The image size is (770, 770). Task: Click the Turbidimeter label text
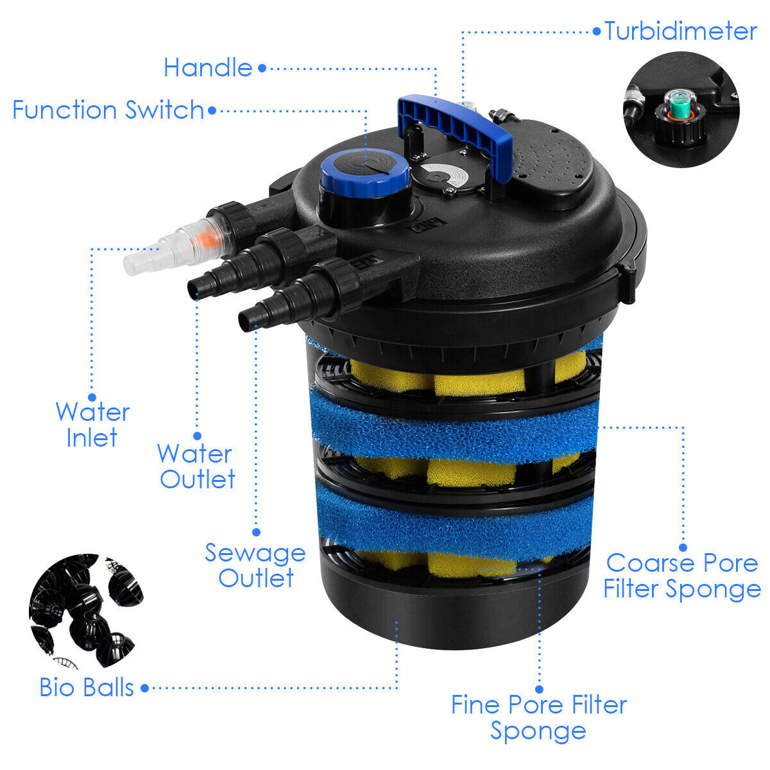point(680,31)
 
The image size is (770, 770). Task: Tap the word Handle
point(208,67)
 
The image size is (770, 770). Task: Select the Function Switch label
point(108,110)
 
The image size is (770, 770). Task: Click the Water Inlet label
point(92,425)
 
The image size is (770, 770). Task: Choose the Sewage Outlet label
point(255,565)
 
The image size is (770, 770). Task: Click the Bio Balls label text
point(87,687)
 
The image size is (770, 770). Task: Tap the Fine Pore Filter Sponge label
point(538,717)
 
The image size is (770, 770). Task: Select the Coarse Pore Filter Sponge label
point(681,576)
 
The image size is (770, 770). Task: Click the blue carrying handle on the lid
point(456,125)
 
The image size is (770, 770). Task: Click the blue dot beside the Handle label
point(262,67)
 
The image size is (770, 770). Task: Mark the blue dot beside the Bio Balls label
point(145,688)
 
